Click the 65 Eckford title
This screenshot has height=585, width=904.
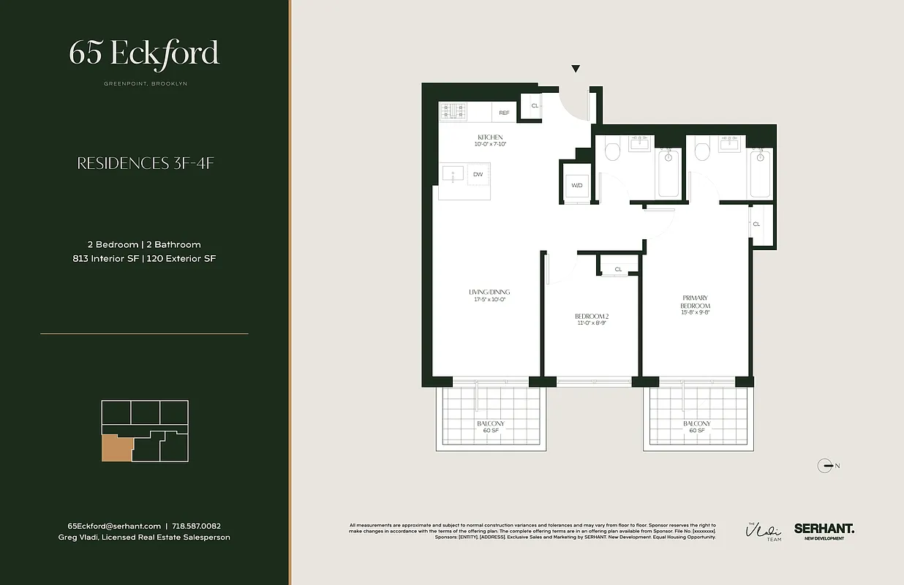pos(144,53)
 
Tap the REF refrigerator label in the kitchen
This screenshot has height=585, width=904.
pos(504,113)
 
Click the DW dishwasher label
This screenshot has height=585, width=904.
pos(478,174)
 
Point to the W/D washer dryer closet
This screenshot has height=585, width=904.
pos(577,185)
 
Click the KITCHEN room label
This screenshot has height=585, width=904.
pos(490,140)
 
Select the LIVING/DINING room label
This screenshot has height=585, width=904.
pos(487,295)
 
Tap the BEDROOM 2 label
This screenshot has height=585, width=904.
pos(592,320)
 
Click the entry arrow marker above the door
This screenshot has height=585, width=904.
pos(576,69)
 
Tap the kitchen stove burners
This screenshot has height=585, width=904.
pos(453,112)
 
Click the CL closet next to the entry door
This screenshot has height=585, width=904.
pos(535,106)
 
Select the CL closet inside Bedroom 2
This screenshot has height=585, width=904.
pos(618,269)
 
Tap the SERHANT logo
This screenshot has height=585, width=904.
pos(824,528)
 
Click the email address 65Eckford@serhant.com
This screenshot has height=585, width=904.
pos(114,526)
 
